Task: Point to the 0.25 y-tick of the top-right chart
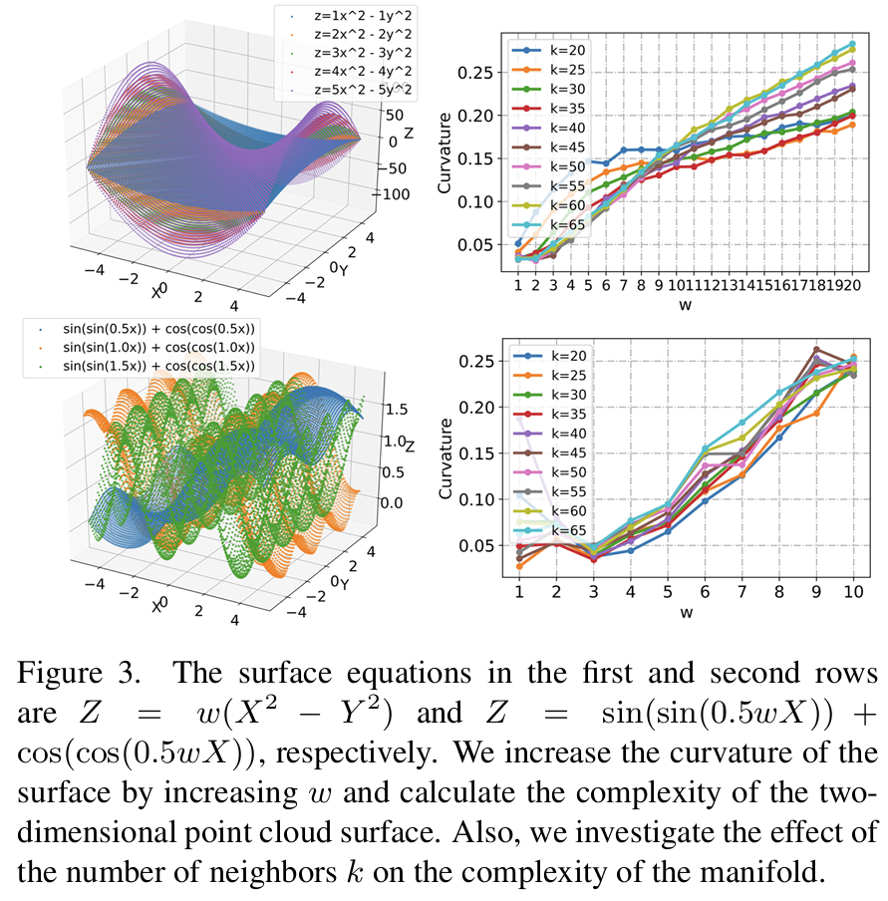click(x=479, y=73)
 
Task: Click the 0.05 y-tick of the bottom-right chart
click(x=479, y=545)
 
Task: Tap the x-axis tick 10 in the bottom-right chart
click(x=853, y=593)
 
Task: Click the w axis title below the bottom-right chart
click(x=686, y=612)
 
